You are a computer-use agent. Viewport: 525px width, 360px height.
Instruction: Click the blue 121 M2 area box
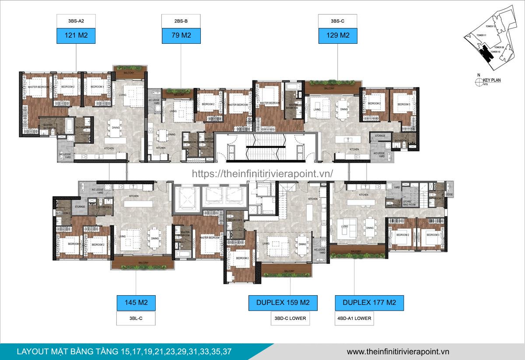click(76, 36)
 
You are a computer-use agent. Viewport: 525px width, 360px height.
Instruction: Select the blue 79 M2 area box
click(181, 36)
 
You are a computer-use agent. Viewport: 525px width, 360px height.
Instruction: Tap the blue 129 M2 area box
click(337, 36)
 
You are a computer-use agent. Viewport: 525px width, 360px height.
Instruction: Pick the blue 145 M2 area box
click(136, 303)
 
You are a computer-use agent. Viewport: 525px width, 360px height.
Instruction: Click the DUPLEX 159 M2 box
click(283, 303)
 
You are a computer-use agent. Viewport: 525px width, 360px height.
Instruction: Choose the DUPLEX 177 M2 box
click(369, 303)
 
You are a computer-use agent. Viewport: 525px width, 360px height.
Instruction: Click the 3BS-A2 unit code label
click(76, 21)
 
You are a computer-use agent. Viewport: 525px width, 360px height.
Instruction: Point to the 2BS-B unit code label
click(181, 21)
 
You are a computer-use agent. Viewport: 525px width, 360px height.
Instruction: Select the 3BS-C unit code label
click(337, 21)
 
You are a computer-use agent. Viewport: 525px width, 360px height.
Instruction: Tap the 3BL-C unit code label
click(136, 318)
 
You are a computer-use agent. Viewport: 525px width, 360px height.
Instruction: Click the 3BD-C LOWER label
click(290, 318)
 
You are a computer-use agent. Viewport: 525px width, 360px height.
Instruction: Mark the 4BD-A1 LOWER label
click(355, 318)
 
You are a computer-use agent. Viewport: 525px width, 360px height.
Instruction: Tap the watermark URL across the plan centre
click(262, 173)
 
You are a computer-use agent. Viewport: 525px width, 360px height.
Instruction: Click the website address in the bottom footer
click(398, 352)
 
